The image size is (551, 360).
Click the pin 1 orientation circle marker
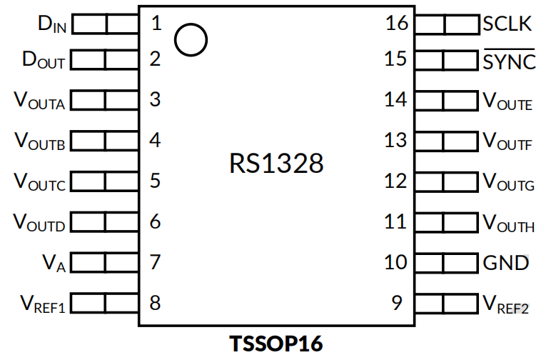191,40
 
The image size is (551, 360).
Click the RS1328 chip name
276,164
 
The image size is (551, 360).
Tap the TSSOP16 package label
275,344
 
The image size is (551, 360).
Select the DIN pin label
51,25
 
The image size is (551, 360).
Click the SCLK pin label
507,24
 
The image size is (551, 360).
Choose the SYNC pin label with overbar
509,61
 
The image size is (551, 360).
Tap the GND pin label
506,263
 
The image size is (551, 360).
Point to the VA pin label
54,264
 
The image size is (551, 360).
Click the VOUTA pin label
40,101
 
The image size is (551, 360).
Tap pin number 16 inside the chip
396,24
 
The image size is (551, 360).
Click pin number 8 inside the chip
155,303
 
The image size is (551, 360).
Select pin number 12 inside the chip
396,181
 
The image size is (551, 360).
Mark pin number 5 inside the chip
155,181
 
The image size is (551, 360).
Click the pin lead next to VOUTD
105,222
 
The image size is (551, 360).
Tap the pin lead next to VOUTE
445,101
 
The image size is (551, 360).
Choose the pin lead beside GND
445,262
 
